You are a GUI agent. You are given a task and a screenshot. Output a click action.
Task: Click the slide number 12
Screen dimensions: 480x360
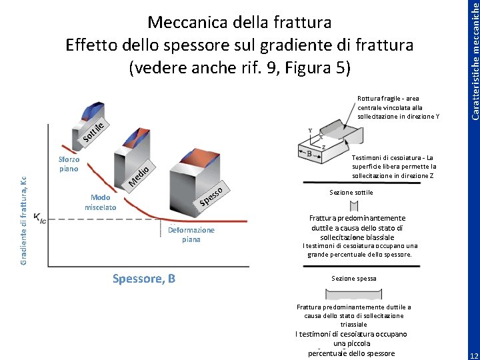[473, 353]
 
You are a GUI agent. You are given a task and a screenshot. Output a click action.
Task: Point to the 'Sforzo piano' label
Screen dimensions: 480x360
[69, 164]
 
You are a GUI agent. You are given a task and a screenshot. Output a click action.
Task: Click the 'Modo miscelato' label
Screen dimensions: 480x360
[100, 203]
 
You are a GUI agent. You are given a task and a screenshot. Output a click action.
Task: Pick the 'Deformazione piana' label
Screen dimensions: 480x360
[191, 235]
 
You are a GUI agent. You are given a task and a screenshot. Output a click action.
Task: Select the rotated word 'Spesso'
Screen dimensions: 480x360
[215, 195]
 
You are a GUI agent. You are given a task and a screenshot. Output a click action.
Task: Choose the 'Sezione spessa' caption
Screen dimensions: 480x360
[353, 278]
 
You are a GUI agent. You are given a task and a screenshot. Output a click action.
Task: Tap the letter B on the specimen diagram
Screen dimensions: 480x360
[309, 154]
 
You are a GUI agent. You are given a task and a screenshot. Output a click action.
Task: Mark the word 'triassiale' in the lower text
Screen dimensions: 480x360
[353, 324]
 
